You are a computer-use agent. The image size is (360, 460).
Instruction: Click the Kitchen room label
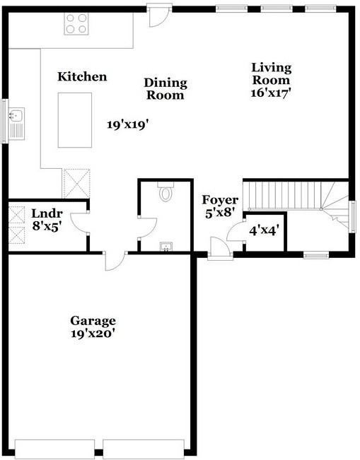pyautogui.click(x=82, y=76)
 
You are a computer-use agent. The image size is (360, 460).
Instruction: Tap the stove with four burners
pyautogui.click(x=76, y=25)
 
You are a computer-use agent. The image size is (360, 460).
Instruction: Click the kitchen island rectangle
pyautogui.click(x=74, y=119)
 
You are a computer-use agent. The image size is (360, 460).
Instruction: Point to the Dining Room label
pyautogui.click(x=164, y=88)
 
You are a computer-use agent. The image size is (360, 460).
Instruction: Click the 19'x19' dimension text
pyautogui.click(x=128, y=124)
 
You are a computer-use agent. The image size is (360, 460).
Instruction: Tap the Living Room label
pyautogui.click(x=271, y=73)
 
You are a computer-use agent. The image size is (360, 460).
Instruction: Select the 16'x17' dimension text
pyautogui.click(x=271, y=92)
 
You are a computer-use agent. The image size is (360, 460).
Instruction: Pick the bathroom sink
pyautogui.click(x=166, y=246)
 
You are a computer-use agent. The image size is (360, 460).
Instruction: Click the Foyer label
pyautogui.click(x=220, y=200)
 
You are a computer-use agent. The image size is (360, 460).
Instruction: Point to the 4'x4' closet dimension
pyautogui.click(x=263, y=230)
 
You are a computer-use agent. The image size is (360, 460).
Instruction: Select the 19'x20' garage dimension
pyautogui.click(x=93, y=334)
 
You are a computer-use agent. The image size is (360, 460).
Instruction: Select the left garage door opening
pyautogui.click(x=54, y=449)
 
